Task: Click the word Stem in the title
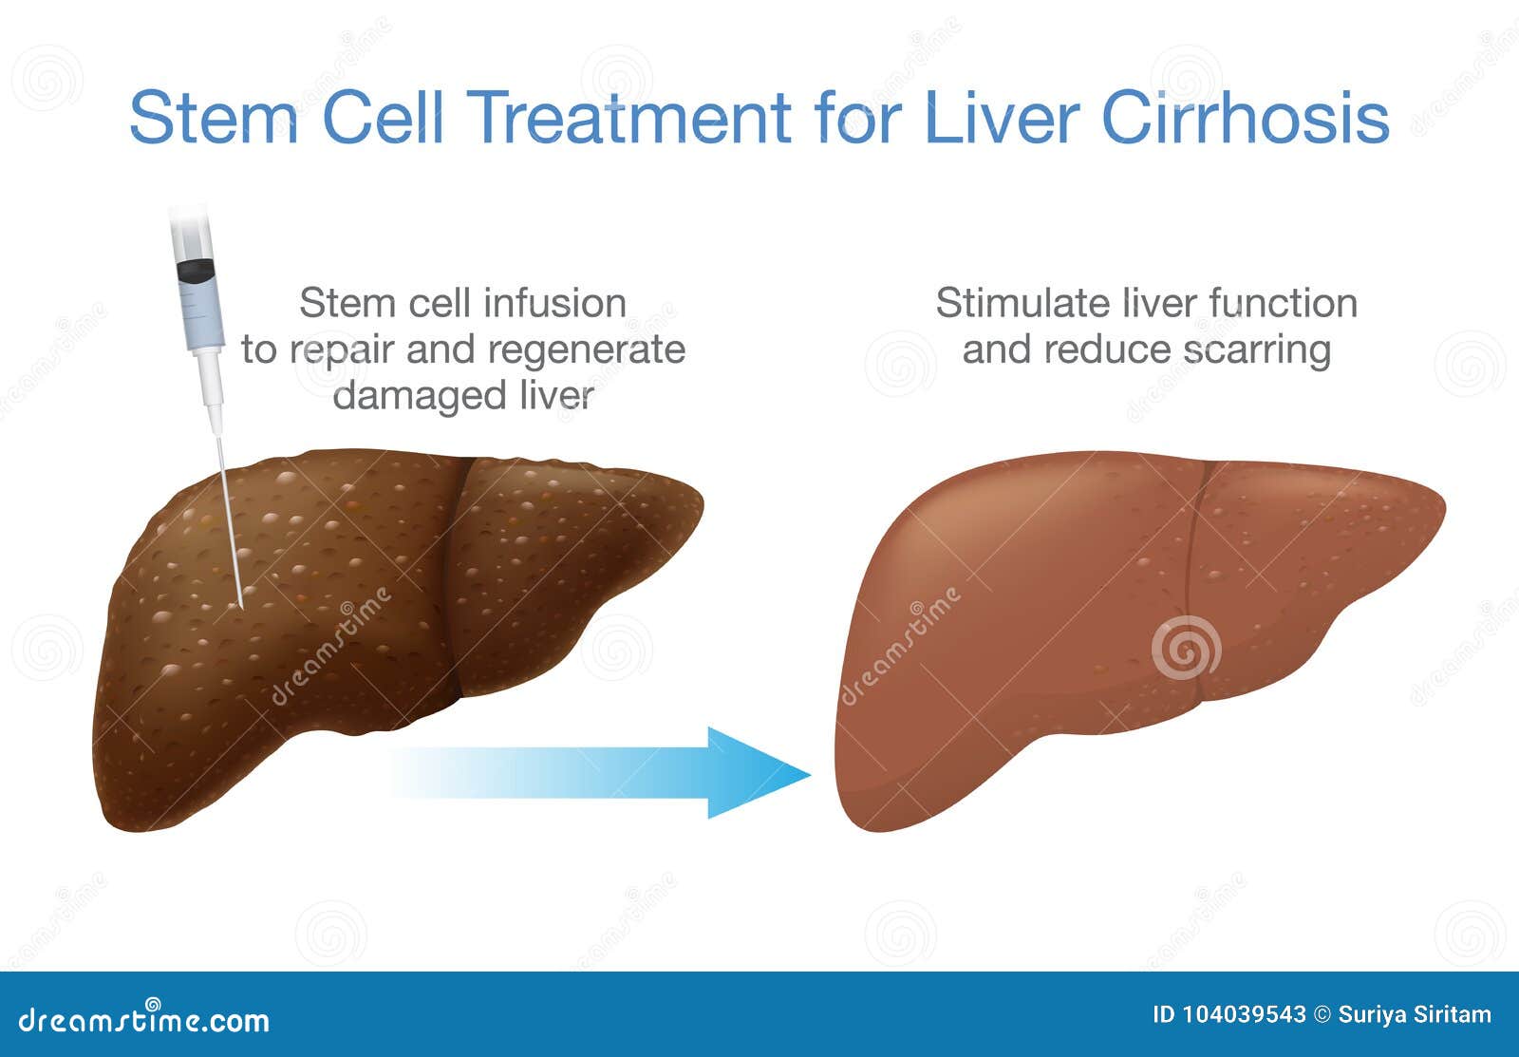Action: (x=215, y=118)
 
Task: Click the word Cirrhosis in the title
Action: (x=1247, y=118)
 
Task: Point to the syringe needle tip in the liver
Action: (x=241, y=606)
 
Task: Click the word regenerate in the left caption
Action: (x=587, y=350)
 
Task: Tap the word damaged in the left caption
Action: (x=420, y=395)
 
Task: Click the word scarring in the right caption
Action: (x=1257, y=350)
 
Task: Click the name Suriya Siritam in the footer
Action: (x=1415, y=1014)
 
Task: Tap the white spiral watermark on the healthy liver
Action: (x=1187, y=648)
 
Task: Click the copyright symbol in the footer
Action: (x=1322, y=1014)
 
